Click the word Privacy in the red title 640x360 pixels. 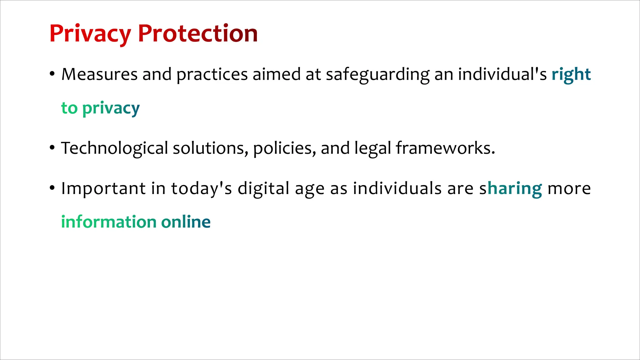tap(90, 34)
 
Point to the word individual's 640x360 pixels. tap(502, 74)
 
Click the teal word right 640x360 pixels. tap(571, 75)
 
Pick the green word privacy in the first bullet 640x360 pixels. tap(111, 109)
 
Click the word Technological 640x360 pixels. tap(114, 148)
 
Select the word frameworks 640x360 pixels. tap(445, 148)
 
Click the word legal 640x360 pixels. tap(372, 149)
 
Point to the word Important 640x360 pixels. tap(103, 189)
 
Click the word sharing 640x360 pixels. tap(511, 189)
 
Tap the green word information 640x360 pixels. tap(109, 222)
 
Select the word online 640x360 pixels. tap(186, 222)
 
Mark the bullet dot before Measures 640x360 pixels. tap(52, 74)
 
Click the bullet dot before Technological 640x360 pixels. tap(52, 147)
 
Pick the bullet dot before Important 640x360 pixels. tap(52, 188)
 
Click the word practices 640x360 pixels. tap(212, 75)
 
